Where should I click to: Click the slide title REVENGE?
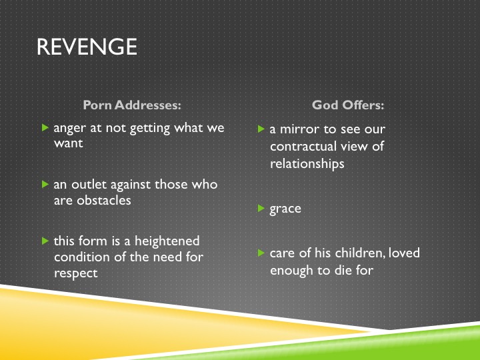tap(87, 47)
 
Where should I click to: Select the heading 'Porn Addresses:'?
tap(132, 105)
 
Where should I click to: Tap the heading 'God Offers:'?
tap(348, 105)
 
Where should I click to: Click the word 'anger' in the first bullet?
tap(69, 128)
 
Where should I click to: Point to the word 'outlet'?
tap(89, 184)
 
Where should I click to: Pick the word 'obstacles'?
tap(104, 201)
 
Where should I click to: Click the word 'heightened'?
tap(167, 241)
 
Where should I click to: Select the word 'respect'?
tap(76, 273)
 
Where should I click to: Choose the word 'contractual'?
tap(303, 146)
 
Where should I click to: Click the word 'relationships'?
tap(307, 163)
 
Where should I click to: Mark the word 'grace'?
tap(285, 209)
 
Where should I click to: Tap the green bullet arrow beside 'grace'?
tap(261, 209)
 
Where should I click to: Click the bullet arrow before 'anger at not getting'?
tap(45, 127)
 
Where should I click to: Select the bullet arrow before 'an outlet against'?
tap(45, 184)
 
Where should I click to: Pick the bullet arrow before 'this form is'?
tap(45, 241)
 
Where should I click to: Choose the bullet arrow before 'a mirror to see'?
tap(261, 129)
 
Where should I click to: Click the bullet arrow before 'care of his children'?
tap(261, 253)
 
